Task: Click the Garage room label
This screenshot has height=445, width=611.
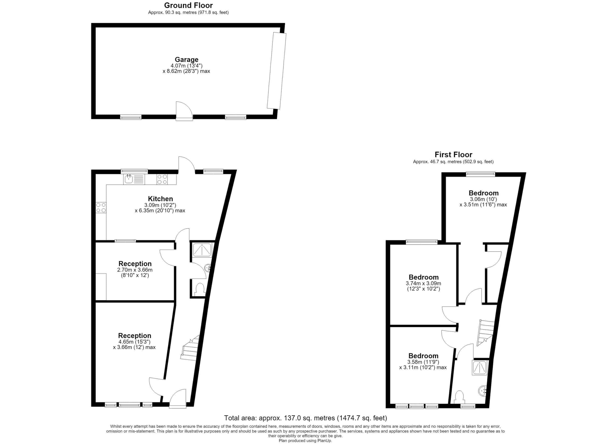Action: (x=186, y=60)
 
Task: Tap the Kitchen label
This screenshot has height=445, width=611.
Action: (x=160, y=199)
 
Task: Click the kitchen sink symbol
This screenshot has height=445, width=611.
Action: (x=134, y=179)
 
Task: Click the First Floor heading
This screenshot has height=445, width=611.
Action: (x=453, y=155)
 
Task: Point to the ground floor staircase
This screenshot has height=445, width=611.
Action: (x=190, y=348)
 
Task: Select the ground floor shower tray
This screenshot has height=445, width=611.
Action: (x=202, y=250)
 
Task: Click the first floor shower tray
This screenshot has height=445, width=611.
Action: (x=480, y=368)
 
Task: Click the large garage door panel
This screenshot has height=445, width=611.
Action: (x=277, y=71)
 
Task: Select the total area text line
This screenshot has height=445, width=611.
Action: (x=305, y=418)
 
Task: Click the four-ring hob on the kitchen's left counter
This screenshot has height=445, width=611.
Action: (x=101, y=208)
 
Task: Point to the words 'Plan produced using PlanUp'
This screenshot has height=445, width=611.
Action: (x=305, y=441)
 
